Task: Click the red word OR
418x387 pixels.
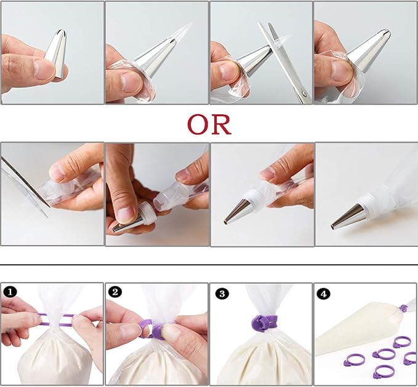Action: [209, 124]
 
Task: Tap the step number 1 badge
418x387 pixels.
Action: [10, 292]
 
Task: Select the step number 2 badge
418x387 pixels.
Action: [115, 292]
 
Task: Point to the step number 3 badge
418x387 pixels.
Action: [222, 294]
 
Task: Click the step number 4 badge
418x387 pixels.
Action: [323, 294]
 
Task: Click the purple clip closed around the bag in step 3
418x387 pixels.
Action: [263, 322]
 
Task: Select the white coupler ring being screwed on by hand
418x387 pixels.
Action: [146, 213]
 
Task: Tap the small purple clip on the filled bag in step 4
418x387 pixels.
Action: [404, 309]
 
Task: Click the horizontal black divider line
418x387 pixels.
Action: [209, 265]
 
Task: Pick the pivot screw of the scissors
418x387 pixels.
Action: [305, 93]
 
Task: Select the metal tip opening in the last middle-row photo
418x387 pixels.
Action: [332, 227]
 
